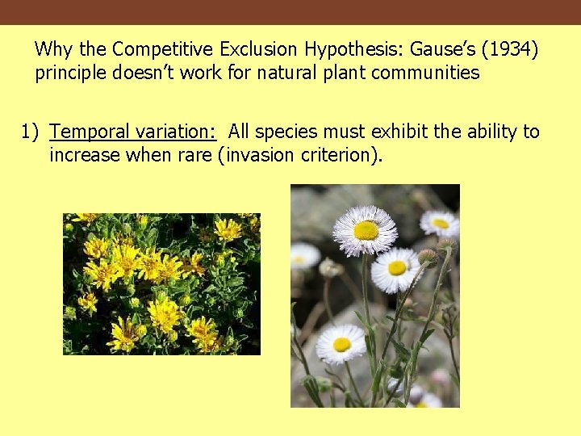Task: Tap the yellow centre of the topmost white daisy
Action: [366, 231]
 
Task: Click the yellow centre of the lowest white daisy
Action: [342, 345]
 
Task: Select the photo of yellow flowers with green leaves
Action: [161, 283]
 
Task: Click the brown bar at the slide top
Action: [290, 12]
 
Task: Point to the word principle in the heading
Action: [72, 73]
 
